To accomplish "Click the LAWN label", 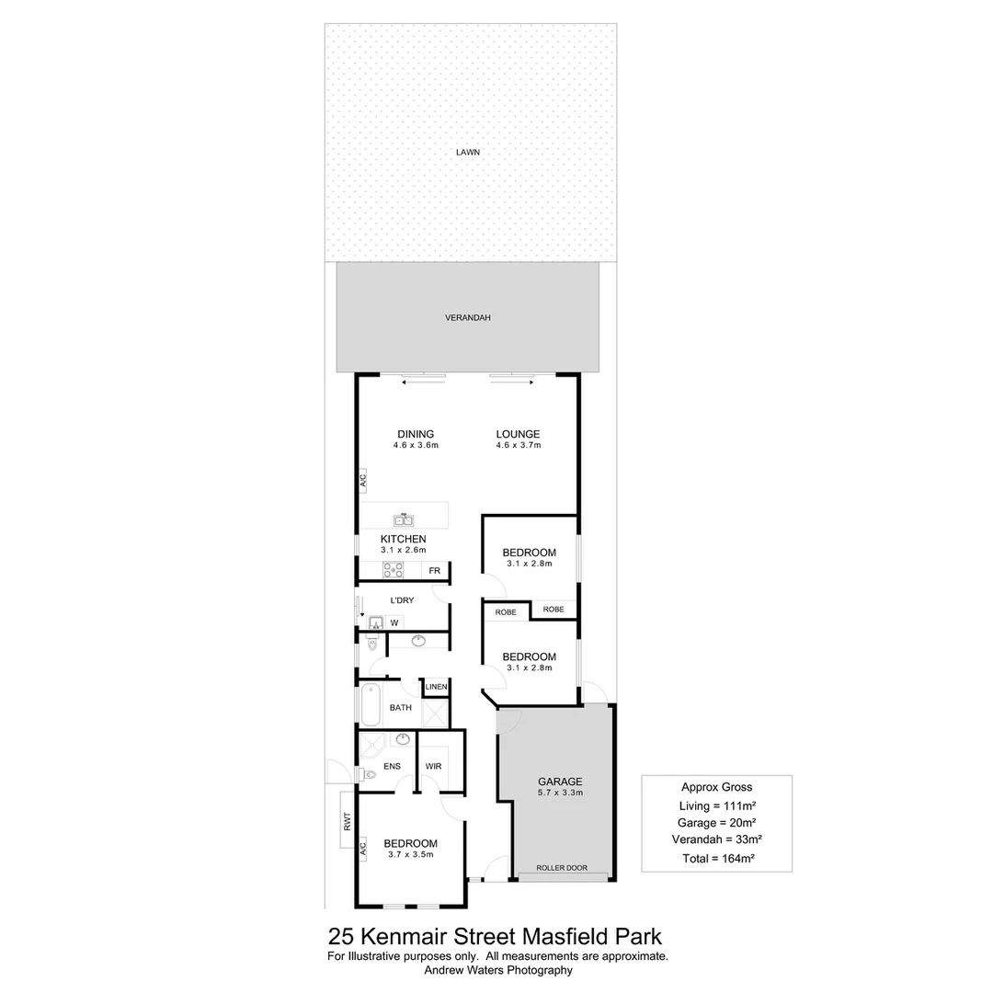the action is pos(468,152).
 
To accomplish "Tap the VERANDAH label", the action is pos(467,318).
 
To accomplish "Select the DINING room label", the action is pos(416,434).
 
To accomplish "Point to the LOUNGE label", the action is pos(518,434).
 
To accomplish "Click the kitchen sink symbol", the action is pos(404,519).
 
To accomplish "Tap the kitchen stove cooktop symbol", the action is pos(393,570).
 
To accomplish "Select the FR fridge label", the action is pos(434,571).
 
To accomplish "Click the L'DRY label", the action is pos(402,599).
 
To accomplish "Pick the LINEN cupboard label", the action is pos(437,687).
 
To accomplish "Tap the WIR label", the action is pos(434,766).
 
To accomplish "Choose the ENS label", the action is pos(392,766).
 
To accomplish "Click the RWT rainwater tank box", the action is pos(347,820).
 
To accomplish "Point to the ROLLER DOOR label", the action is pos(562,868).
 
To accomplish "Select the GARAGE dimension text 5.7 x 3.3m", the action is pos(561,793).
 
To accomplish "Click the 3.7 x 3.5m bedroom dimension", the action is pos(411,854).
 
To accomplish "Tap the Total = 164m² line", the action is pos(718,859).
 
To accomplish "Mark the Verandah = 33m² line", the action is pos(717,839).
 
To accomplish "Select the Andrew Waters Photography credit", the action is pos(498,970).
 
